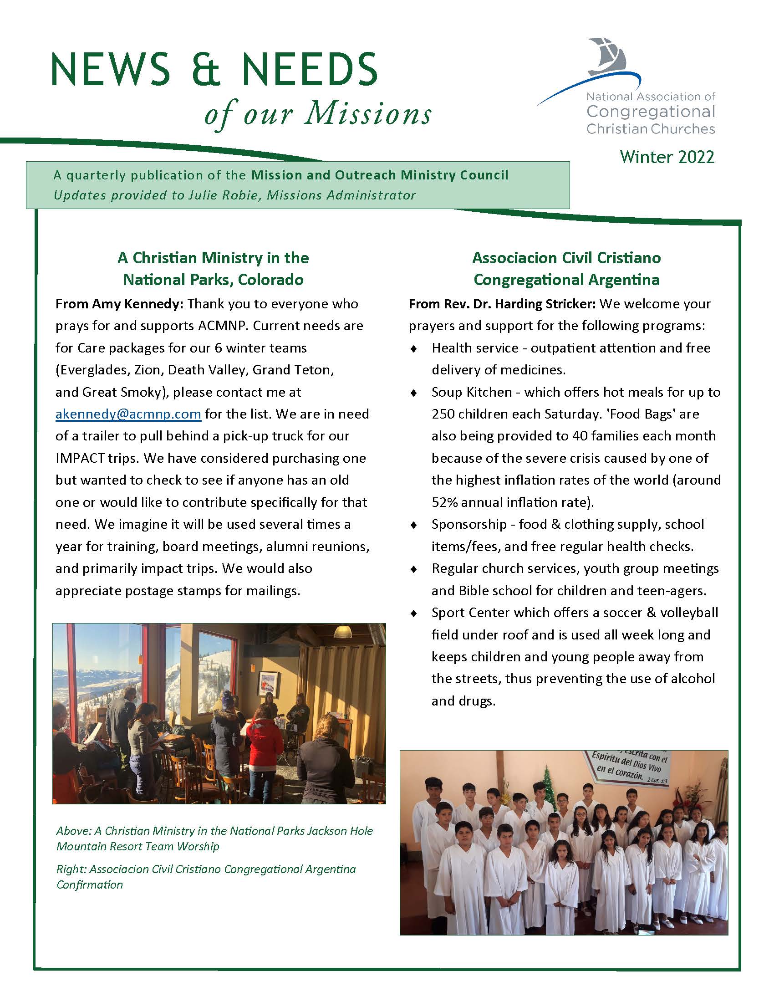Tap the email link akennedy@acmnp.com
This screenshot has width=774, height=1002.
tap(128, 414)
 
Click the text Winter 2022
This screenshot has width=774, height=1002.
tap(667, 157)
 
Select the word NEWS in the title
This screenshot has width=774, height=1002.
tap(111, 70)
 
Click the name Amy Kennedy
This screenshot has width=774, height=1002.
tap(137, 304)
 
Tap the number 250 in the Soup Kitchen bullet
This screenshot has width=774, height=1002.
tap(443, 414)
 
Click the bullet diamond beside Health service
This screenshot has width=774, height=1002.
tap(413, 349)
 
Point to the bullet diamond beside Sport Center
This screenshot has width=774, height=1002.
tap(413, 613)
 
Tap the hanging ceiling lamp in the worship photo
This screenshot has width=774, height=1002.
tap(342, 633)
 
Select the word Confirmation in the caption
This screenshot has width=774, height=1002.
tap(89, 884)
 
